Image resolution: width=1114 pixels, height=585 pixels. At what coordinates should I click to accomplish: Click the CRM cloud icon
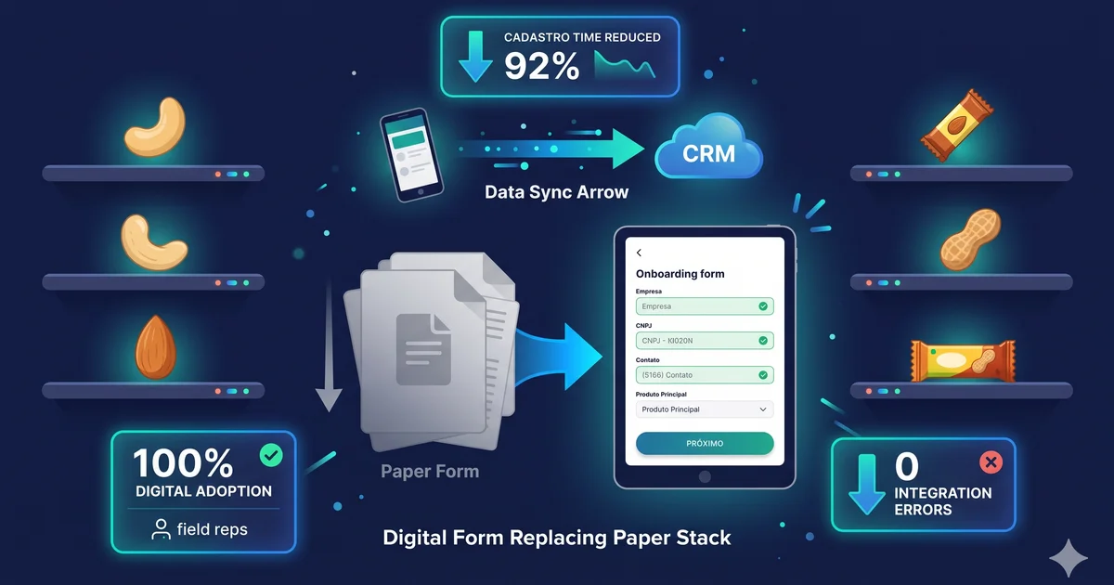(x=708, y=148)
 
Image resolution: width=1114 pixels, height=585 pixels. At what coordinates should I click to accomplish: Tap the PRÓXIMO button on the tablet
(x=705, y=443)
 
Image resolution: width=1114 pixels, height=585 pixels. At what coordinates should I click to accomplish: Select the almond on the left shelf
(x=156, y=346)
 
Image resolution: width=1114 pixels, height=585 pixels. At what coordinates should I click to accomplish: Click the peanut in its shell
(x=969, y=240)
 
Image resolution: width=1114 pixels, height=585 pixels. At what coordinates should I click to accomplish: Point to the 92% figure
(x=541, y=66)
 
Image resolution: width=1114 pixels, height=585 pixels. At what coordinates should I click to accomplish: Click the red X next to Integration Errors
(x=991, y=462)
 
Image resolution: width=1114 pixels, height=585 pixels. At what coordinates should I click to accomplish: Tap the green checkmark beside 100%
(x=271, y=455)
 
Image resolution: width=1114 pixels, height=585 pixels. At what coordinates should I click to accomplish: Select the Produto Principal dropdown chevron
(x=763, y=409)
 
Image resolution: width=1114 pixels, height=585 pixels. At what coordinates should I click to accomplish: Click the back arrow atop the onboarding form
(x=639, y=253)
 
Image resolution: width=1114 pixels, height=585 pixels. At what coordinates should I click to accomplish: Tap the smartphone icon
(x=411, y=155)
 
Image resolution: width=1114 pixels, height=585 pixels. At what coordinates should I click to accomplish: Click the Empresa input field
(x=705, y=306)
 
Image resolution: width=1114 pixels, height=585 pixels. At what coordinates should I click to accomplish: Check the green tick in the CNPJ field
(x=763, y=341)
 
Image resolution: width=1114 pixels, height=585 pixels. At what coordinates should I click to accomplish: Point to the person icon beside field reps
(x=161, y=529)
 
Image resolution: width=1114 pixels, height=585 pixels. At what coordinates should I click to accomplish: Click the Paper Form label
(x=430, y=471)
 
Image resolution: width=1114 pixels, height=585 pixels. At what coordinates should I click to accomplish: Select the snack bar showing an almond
(x=957, y=125)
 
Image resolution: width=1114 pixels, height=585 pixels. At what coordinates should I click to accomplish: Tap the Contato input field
(x=705, y=375)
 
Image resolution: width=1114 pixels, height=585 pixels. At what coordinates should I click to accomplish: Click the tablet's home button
(x=705, y=476)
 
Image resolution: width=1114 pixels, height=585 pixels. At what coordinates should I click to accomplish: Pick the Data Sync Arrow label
(x=556, y=192)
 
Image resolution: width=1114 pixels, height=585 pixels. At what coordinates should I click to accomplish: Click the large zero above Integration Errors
(x=907, y=466)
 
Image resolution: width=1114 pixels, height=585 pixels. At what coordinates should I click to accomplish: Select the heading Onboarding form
(x=680, y=274)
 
